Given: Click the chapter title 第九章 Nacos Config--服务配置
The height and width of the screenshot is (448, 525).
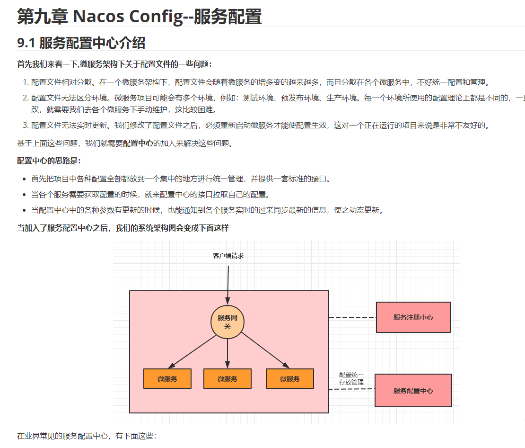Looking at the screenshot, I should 140,17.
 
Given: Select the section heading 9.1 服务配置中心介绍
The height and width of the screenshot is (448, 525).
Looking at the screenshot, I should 81,43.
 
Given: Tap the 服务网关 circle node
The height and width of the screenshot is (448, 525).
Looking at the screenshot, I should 227,323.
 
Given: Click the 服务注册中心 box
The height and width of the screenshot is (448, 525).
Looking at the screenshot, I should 413,317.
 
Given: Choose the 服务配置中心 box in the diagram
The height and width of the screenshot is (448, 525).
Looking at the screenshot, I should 413,391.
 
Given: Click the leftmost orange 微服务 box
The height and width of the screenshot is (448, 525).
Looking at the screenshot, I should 167,379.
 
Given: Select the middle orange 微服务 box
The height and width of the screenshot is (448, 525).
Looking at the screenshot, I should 227,379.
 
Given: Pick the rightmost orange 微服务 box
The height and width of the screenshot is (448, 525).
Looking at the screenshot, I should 290,379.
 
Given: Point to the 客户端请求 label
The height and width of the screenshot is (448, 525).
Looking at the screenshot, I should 228,256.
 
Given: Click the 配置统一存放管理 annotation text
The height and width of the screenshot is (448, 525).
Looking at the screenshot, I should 351,378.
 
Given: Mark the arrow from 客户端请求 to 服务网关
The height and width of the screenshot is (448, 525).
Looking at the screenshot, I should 228,284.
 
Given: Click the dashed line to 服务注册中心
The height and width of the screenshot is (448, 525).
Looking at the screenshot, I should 352,318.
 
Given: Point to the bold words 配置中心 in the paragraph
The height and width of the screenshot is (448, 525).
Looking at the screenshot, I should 138,143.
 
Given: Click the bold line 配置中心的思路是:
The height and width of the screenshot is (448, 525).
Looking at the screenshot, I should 49,161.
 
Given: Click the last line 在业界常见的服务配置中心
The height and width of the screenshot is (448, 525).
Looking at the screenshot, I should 87,436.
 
